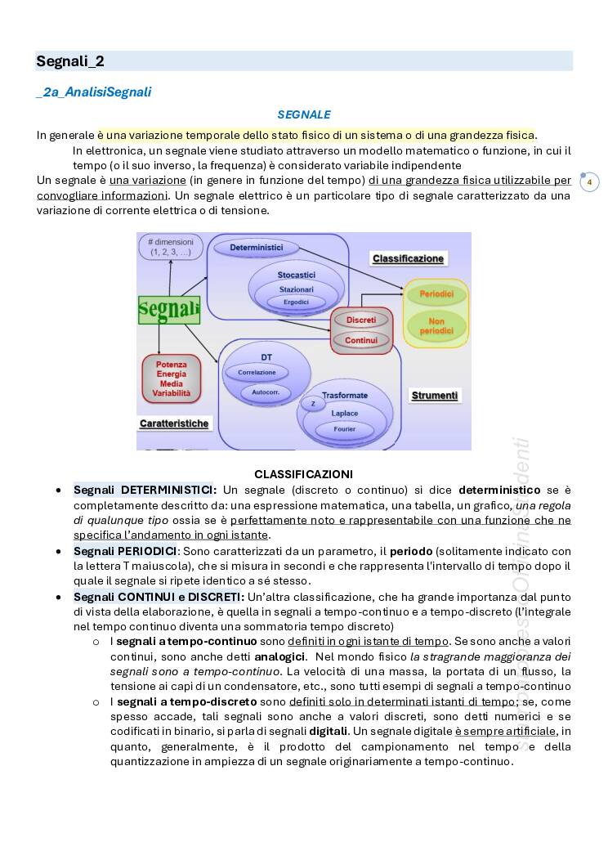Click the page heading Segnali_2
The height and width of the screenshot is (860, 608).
coord(70,61)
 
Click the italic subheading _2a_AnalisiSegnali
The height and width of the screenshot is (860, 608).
coord(93,92)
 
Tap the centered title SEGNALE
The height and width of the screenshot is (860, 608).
coord(304,114)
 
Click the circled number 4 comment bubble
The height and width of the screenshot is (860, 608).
coord(589,182)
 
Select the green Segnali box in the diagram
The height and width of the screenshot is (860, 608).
coord(169,310)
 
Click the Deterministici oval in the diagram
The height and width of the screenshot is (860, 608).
coord(256,247)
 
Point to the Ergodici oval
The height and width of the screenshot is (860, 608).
coord(296,302)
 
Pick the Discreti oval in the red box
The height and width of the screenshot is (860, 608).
coord(361,320)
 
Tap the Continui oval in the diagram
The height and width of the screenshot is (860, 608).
coord(361,340)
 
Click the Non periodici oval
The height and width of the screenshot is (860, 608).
coord(436,327)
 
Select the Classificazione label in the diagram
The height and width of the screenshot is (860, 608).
coord(408,258)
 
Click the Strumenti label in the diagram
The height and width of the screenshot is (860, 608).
coord(435,396)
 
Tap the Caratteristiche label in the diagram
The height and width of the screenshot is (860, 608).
coord(174,423)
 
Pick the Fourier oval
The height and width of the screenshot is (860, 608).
coord(344,429)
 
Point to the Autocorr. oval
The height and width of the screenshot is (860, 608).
coord(265,392)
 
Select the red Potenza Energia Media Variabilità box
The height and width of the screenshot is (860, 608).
coord(171,378)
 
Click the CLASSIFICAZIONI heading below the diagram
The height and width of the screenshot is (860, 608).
coord(303,474)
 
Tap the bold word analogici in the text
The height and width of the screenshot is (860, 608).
coord(279,656)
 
